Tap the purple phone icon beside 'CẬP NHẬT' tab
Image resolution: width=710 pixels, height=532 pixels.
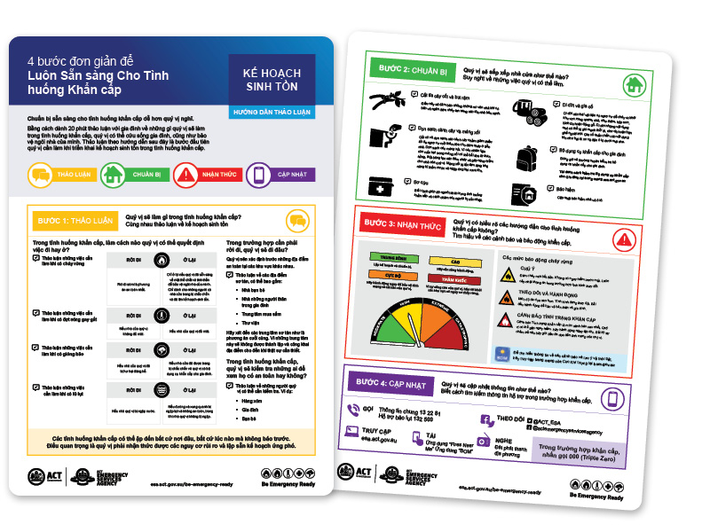(256, 176)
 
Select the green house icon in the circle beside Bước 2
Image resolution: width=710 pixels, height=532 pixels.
(633, 86)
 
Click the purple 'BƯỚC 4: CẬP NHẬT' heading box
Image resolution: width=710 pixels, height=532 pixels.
(390, 384)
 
